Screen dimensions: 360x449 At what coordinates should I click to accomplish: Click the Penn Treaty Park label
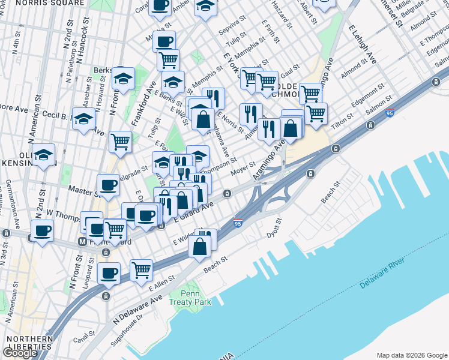190,298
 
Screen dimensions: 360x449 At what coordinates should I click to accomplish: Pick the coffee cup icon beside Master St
109,185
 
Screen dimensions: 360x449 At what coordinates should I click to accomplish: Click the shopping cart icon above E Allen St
141,270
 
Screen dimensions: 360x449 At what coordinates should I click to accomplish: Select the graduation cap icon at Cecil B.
83,119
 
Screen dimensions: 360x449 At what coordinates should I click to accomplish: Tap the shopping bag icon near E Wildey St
200,244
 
